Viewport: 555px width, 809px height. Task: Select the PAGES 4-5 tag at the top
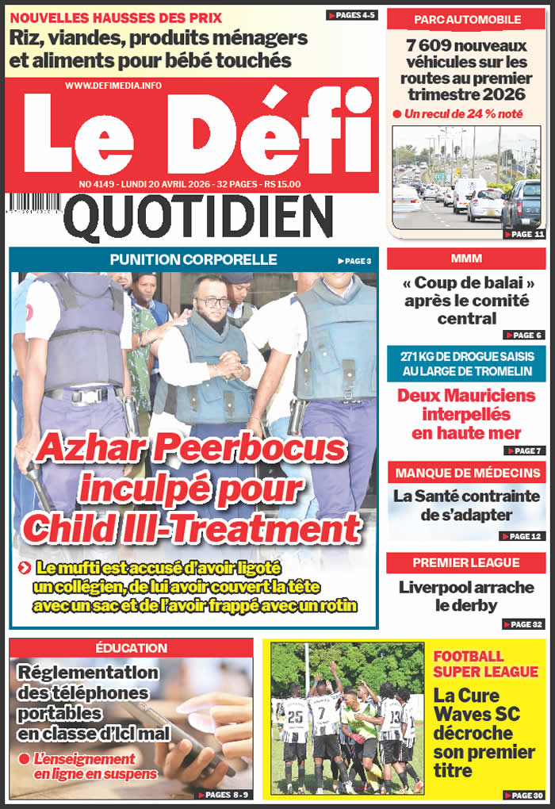point(351,15)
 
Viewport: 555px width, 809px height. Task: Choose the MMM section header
point(466,259)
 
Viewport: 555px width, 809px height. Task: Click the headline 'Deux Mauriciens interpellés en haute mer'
point(466,413)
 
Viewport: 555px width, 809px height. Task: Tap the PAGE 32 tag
point(523,624)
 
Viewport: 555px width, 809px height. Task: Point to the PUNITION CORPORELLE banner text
point(193,259)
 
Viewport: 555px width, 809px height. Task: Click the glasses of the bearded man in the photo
point(212,302)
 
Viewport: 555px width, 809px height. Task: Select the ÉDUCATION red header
point(131,648)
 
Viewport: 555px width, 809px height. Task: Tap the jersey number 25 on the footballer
point(295,716)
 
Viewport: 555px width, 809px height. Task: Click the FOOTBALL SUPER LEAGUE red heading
point(485,664)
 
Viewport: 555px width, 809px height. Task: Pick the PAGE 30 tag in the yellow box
point(523,795)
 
